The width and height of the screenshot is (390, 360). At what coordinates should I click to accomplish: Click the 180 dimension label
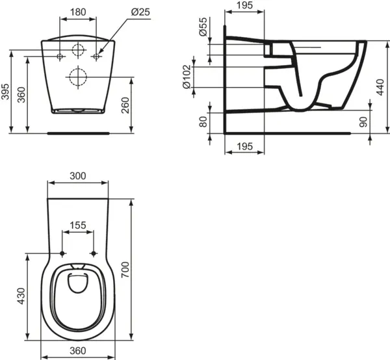point(78,12)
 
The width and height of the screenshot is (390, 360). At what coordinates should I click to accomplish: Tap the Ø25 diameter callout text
point(141,12)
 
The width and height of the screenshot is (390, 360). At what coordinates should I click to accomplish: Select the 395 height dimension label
point(5,92)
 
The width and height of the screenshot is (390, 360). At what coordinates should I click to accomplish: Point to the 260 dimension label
point(125,105)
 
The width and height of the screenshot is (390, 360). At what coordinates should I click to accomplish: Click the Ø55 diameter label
point(203,27)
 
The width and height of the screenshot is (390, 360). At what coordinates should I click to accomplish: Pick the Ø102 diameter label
point(187,77)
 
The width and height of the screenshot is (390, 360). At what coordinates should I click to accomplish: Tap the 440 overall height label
point(380,87)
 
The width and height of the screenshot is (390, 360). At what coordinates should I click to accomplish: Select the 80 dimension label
point(203,122)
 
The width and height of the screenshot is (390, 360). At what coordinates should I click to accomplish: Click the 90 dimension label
point(363,122)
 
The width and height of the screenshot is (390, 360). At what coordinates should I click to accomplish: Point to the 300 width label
point(78,176)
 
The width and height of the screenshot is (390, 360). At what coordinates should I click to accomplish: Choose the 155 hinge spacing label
point(78,225)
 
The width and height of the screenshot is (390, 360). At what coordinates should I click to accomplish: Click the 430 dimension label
point(21,296)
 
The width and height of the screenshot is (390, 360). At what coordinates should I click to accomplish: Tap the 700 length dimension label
point(125,270)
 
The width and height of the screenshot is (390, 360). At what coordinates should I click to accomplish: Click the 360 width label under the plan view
point(78,351)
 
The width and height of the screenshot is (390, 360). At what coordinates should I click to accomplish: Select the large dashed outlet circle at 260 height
point(78,77)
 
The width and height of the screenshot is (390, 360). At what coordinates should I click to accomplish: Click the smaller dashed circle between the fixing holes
point(78,50)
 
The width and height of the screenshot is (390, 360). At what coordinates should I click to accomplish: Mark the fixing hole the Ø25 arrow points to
point(96,57)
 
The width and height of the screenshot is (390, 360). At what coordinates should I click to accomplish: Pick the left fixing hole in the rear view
point(60,57)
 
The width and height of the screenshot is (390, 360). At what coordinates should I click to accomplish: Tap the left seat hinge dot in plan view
point(62,253)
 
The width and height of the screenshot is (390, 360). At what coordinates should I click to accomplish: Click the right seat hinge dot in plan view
point(94,253)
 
